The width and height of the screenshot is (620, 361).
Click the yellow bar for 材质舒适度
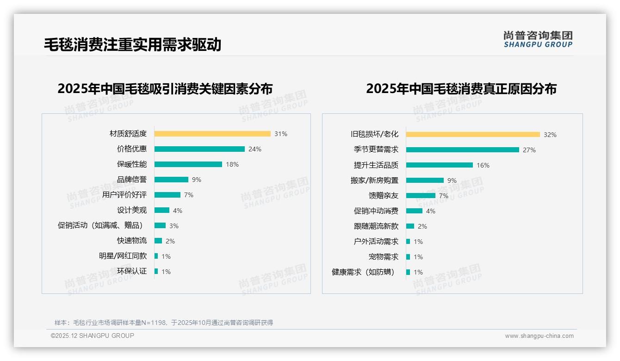click(x=212, y=134)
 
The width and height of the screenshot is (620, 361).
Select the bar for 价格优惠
click(x=199, y=149)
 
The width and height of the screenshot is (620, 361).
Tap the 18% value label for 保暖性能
click(x=232, y=164)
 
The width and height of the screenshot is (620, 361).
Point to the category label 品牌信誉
click(x=132, y=180)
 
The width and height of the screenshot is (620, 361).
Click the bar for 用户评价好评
click(x=167, y=195)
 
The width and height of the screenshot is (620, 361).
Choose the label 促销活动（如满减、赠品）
click(x=100, y=225)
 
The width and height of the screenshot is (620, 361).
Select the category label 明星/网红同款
click(x=123, y=256)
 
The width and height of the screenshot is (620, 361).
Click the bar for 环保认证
click(x=156, y=271)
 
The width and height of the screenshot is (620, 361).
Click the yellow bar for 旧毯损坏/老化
click(x=473, y=135)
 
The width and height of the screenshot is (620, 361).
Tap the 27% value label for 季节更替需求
click(x=529, y=150)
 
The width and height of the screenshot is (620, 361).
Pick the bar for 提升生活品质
click(x=440, y=165)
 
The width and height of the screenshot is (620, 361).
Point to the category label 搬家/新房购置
click(x=374, y=180)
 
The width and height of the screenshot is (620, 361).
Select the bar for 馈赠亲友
click(x=421, y=196)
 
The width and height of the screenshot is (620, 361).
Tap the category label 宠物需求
click(x=384, y=257)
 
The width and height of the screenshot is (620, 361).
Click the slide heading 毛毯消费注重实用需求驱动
click(x=132, y=44)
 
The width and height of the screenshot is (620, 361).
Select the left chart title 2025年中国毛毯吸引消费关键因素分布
click(x=165, y=88)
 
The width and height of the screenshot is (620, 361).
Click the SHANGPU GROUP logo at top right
click(x=538, y=39)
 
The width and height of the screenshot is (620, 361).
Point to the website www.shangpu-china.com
click(x=539, y=336)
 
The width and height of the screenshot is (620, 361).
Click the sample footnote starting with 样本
click(x=164, y=323)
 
